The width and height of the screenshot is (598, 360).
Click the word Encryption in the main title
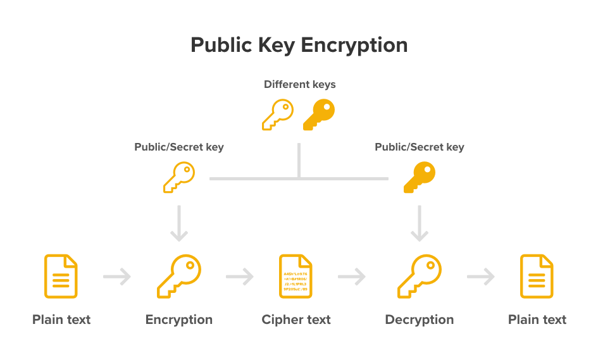pyautogui.click(x=354, y=46)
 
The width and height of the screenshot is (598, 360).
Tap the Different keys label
pyautogui.click(x=299, y=84)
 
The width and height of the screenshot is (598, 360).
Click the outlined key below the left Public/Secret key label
pyautogui.click(x=178, y=177)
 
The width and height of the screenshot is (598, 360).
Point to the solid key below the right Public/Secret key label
pyautogui.click(x=419, y=177)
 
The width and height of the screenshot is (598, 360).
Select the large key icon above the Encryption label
pyautogui.click(x=179, y=276)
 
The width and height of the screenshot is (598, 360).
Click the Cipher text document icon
pyautogui.click(x=296, y=276)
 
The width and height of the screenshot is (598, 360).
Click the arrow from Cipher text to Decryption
pyautogui.click(x=352, y=276)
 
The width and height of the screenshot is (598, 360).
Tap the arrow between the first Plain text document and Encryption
pyautogui.click(x=117, y=276)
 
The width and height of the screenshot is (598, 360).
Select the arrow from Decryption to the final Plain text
pyautogui.click(x=481, y=276)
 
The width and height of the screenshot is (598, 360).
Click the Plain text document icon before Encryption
pyautogui.click(x=61, y=276)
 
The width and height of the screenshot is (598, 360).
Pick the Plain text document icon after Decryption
pyautogui.click(x=537, y=276)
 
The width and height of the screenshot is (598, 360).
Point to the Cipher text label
pyautogui.click(x=296, y=320)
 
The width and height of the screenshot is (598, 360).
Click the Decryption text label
pyautogui.click(x=420, y=320)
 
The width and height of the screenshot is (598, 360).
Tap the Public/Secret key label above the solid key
pyautogui.click(x=420, y=147)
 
